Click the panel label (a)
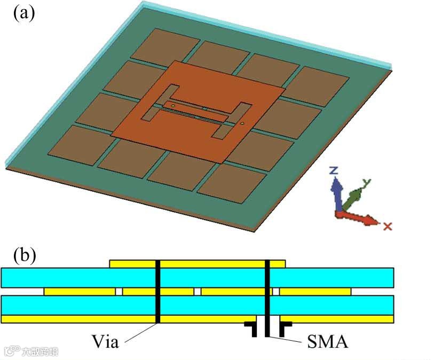[x=23, y=12]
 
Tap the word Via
[x=104, y=341]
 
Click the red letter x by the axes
[x=388, y=226]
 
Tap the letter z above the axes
[x=333, y=171]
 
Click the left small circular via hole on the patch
[x=173, y=106]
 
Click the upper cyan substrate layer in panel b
[x=80, y=278]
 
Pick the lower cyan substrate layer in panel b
[x=80, y=305]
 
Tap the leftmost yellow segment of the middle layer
[x=80, y=292]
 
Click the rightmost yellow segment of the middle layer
[x=315, y=292]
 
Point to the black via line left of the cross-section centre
[x=157, y=291]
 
